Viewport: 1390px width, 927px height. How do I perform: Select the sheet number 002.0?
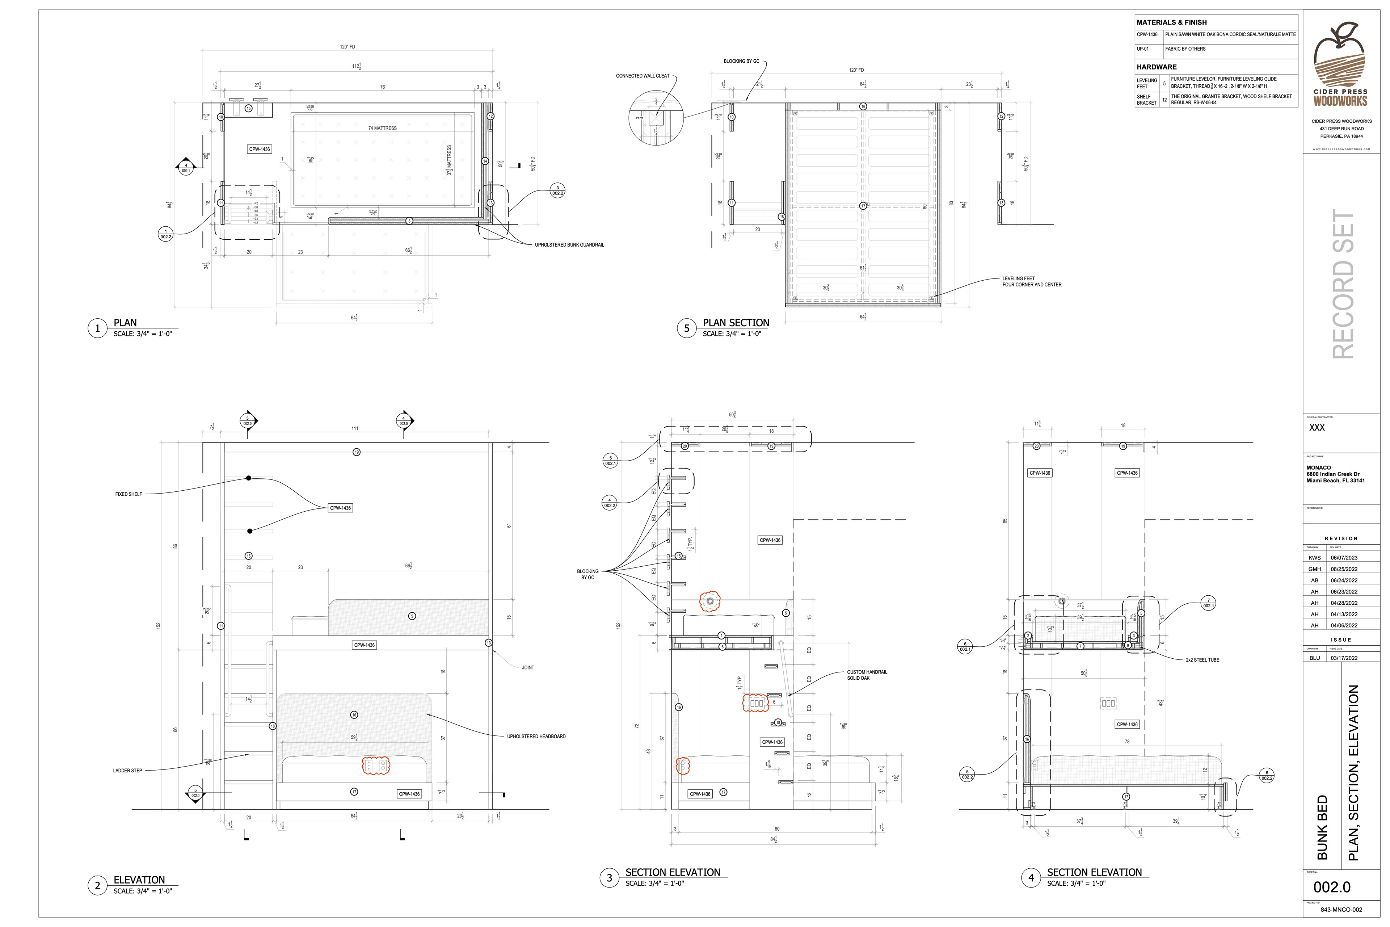1332,887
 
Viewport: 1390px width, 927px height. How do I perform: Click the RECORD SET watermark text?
1343,284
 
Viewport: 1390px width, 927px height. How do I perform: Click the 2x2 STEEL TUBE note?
1202,660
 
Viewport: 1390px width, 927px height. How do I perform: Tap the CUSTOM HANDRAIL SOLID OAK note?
866,675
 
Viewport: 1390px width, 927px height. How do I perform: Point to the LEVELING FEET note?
1031,281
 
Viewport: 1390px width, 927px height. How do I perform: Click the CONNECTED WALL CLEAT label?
643,76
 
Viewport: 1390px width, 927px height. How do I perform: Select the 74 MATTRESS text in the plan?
382,128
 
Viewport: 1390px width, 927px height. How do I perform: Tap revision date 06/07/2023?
1343,558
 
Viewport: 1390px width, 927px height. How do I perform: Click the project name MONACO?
1318,467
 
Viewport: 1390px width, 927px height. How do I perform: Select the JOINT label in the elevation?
528,667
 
